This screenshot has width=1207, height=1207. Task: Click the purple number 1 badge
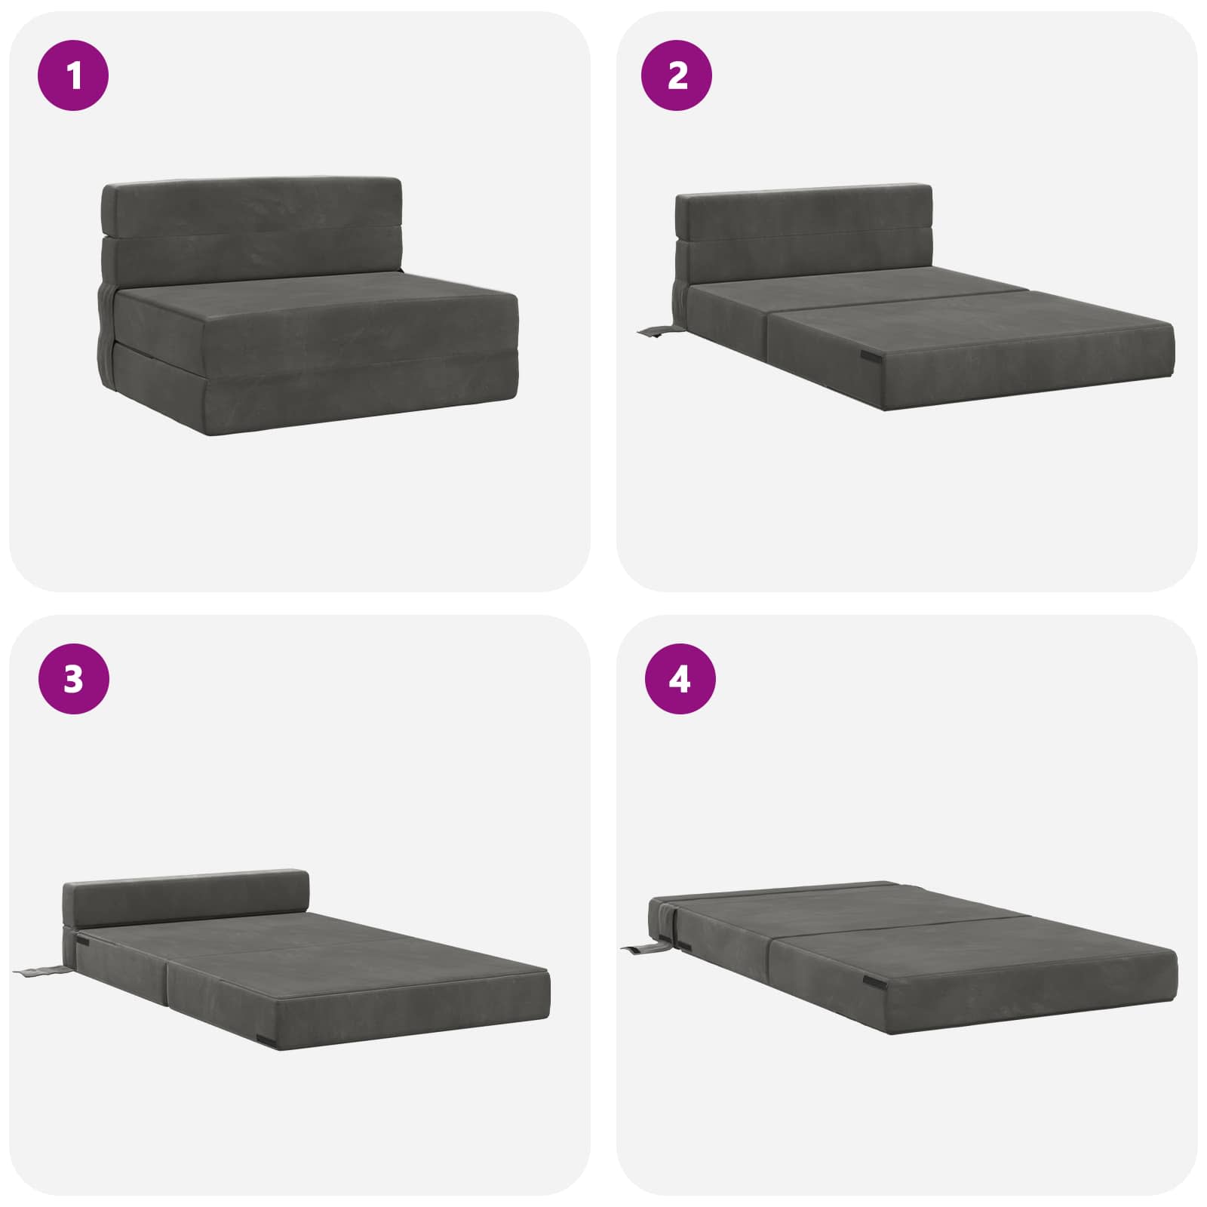[x=74, y=76]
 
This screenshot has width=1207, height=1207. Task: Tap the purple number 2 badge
[x=677, y=76]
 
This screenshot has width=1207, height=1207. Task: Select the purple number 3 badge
[x=74, y=680]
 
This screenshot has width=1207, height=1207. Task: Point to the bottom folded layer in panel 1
[x=302, y=392]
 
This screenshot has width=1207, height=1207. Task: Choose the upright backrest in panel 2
[x=804, y=234]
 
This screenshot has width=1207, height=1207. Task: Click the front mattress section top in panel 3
[x=355, y=962]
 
